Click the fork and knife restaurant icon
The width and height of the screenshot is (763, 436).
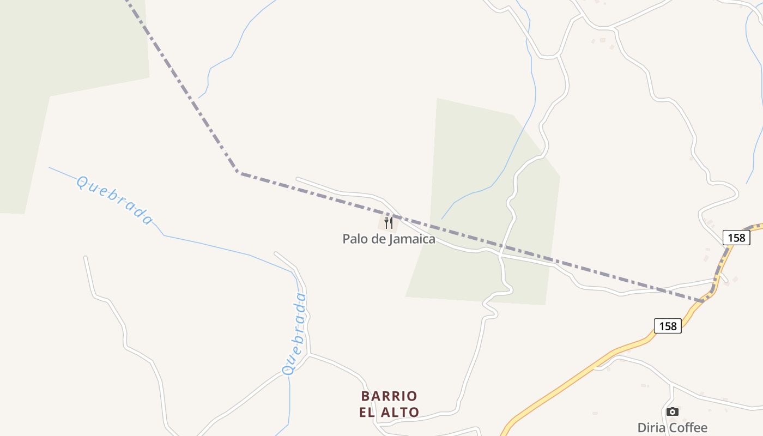388,222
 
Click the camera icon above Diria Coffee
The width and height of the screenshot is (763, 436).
673,411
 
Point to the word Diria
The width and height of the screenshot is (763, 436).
653,428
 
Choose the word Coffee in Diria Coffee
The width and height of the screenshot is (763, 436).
689,428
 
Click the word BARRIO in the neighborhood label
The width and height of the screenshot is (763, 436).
389,396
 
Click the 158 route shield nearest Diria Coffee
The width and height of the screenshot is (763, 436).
668,326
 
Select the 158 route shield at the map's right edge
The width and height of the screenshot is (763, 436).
736,237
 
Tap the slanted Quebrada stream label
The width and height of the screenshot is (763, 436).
114,200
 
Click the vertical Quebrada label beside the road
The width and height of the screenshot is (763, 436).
295,334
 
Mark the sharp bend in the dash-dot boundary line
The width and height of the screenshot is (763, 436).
238,172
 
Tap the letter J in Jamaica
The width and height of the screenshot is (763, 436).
390,239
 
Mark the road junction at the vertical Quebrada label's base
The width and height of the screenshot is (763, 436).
307,354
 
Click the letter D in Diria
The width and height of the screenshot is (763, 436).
642,428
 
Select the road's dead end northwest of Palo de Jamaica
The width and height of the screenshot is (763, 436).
297,178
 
